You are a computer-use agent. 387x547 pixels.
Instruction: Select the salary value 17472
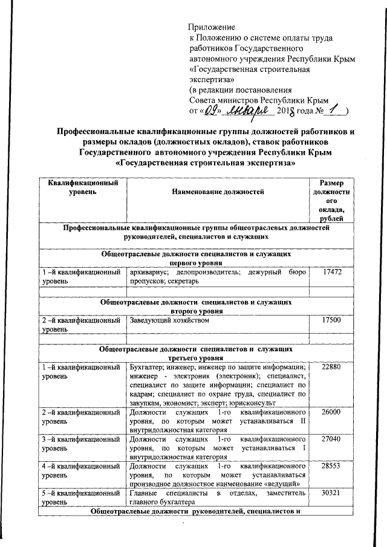coord(332,273)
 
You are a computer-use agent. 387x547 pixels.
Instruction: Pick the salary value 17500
coord(332,320)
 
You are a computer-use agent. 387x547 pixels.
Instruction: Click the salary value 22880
coord(332,367)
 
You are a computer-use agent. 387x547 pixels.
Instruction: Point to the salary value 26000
coord(332,412)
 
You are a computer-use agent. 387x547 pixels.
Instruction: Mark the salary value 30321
coord(332,494)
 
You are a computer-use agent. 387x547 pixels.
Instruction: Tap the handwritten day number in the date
coord(209,111)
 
